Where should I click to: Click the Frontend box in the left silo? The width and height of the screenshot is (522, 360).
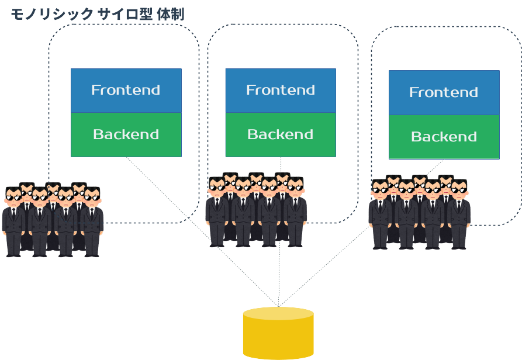pos(126,91)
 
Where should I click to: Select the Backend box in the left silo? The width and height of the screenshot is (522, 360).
pos(126,135)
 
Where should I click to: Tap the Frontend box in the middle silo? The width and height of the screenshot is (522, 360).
pos(281,91)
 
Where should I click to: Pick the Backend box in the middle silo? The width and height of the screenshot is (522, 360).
pos(281,135)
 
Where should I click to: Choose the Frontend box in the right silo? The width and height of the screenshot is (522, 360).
pos(444,93)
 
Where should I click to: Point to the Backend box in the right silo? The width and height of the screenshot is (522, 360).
pos(444,137)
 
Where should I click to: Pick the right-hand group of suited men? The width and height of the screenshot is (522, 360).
pos(419,213)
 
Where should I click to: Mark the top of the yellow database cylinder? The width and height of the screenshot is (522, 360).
pos(278,313)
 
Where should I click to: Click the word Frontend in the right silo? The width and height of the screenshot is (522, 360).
pos(444,93)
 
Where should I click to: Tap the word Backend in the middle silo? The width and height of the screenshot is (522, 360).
pos(281,135)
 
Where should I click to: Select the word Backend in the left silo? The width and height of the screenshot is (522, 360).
pos(126,135)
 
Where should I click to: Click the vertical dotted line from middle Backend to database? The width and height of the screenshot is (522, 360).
pos(279,275)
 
